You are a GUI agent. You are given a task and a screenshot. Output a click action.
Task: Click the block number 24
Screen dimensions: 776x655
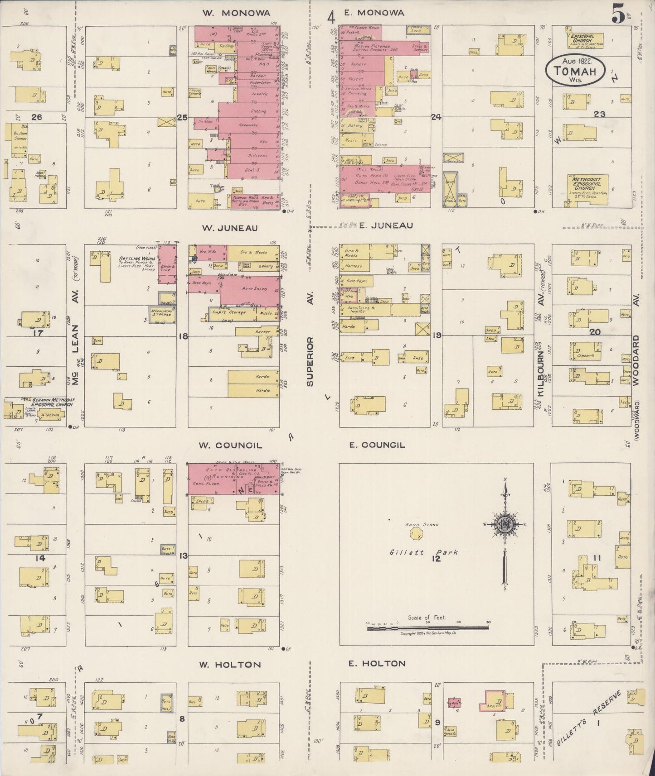pyautogui.click(x=437, y=117)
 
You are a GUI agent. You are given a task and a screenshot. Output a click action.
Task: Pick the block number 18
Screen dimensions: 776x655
pyautogui.click(x=183, y=336)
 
